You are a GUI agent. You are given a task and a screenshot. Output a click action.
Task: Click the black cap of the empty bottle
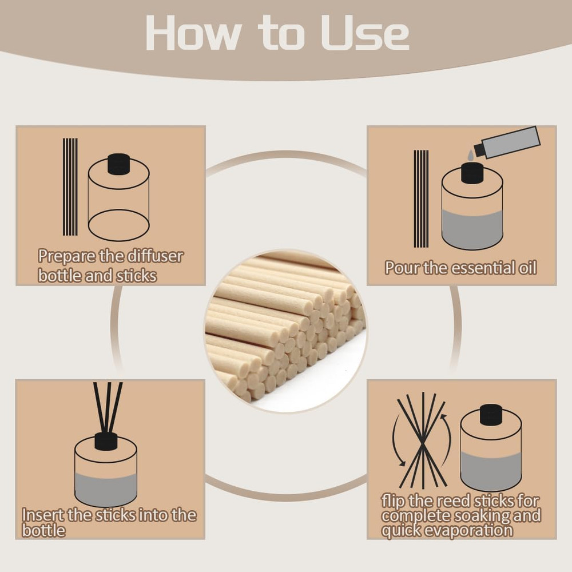119,163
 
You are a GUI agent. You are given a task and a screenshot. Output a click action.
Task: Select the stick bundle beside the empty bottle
70,186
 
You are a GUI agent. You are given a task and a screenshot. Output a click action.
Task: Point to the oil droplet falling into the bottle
471,155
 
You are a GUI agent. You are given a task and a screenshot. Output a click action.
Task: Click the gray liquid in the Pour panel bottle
472,228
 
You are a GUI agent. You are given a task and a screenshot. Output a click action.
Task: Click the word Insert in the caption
42,515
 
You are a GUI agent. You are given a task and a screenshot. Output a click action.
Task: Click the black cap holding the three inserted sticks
106,441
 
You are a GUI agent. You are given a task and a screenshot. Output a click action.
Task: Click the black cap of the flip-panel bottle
491,415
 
